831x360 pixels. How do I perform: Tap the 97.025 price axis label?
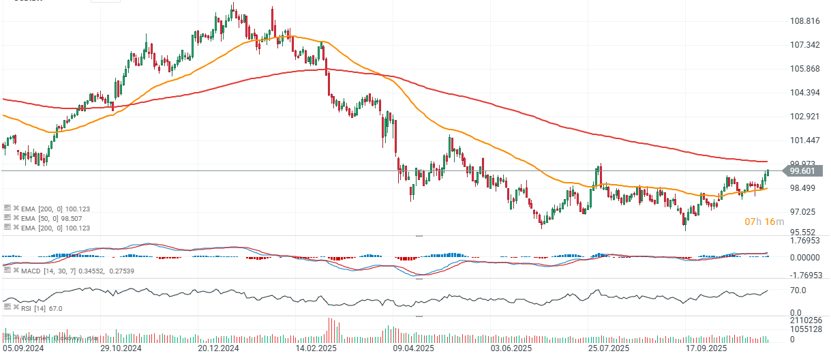pyautogui.click(x=803, y=212)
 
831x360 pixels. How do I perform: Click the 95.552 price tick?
pyautogui.click(x=803, y=232)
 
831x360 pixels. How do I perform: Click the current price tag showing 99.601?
pyautogui.click(x=804, y=170)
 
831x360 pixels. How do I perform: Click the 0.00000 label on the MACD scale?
pyautogui.click(x=805, y=258)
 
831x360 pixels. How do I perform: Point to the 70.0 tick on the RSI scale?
pyautogui.click(x=797, y=290)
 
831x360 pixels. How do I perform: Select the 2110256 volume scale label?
pyautogui.click(x=804, y=320)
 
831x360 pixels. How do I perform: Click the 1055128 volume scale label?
pyautogui.click(x=804, y=330)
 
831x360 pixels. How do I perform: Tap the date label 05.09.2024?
pyautogui.click(x=24, y=348)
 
